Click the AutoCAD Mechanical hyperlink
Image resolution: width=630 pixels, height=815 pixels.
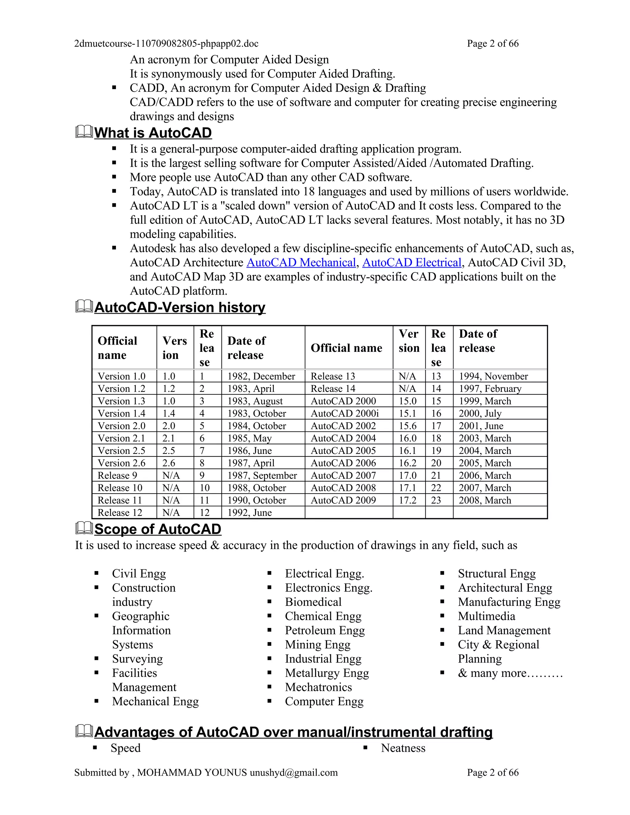pyautogui.click(x=301, y=262)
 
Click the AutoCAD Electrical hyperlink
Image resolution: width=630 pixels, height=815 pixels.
pyautogui.click(x=412, y=262)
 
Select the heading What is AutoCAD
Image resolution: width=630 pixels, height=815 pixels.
pyautogui.click(x=153, y=133)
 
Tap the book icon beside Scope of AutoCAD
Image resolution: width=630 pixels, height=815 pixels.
pyautogui.click(x=84, y=528)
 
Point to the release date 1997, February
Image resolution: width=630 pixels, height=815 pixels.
pyautogui.click(x=490, y=388)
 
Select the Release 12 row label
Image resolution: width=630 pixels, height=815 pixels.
pyautogui.click(x=120, y=513)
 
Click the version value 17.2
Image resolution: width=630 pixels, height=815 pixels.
pyautogui.click(x=407, y=500)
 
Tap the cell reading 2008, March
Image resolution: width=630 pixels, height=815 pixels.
pyautogui.click(x=484, y=500)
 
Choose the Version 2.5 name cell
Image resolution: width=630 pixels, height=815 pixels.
pyautogui.click(x=121, y=451)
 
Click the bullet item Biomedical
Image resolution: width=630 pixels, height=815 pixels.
pyautogui.click(x=313, y=602)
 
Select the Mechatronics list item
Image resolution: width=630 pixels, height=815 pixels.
pyautogui.click(x=318, y=687)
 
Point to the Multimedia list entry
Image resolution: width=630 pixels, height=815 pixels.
pyautogui.click(x=486, y=616)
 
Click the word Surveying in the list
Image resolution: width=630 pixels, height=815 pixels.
pyautogui.click(x=137, y=659)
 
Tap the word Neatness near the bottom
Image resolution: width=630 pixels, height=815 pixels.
pyautogui.click(x=403, y=748)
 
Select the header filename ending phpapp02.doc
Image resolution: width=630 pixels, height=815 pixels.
pyautogui.click(x=166, y=44)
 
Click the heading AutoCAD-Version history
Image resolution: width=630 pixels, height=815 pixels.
pyautogui.click(x=180, y=308)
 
